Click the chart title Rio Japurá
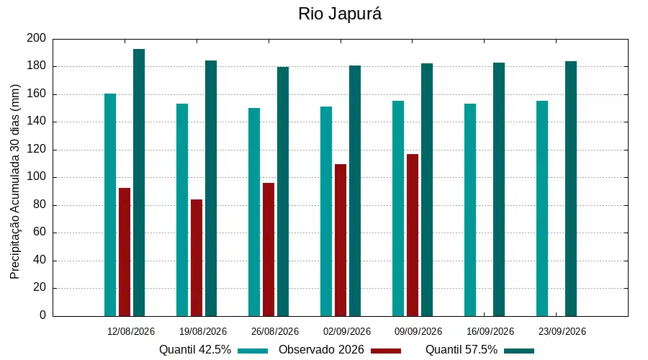click(x=340, y=14)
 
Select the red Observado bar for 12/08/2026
click(x=125, y=252)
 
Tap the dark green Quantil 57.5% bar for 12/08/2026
click(x=139, y=183)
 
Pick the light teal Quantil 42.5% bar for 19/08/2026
click(x=182, y=210)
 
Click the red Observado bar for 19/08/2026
click(x=197, y=258)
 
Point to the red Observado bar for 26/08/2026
click(x=269, y=250)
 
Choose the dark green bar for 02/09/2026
click(x=355, y=191)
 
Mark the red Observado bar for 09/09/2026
click(x=413, y=235)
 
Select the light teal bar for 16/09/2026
click(x=470, y=210)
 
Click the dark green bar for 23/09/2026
click(x=571, y=189)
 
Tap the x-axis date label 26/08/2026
click(x=275, y=331)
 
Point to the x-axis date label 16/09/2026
click(x=490, y=331)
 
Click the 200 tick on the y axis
click(x=37, y=38)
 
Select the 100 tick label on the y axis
click(x=37, y=177)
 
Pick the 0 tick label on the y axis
click(x=42, y=315)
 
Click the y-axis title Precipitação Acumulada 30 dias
click(x=15, y=182)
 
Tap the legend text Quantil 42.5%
click(x=195, y=350)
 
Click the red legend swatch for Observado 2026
click(x=386, y=351)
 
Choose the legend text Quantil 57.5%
click(x=462, y=350)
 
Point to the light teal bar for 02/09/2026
click(x=326, y=212)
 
